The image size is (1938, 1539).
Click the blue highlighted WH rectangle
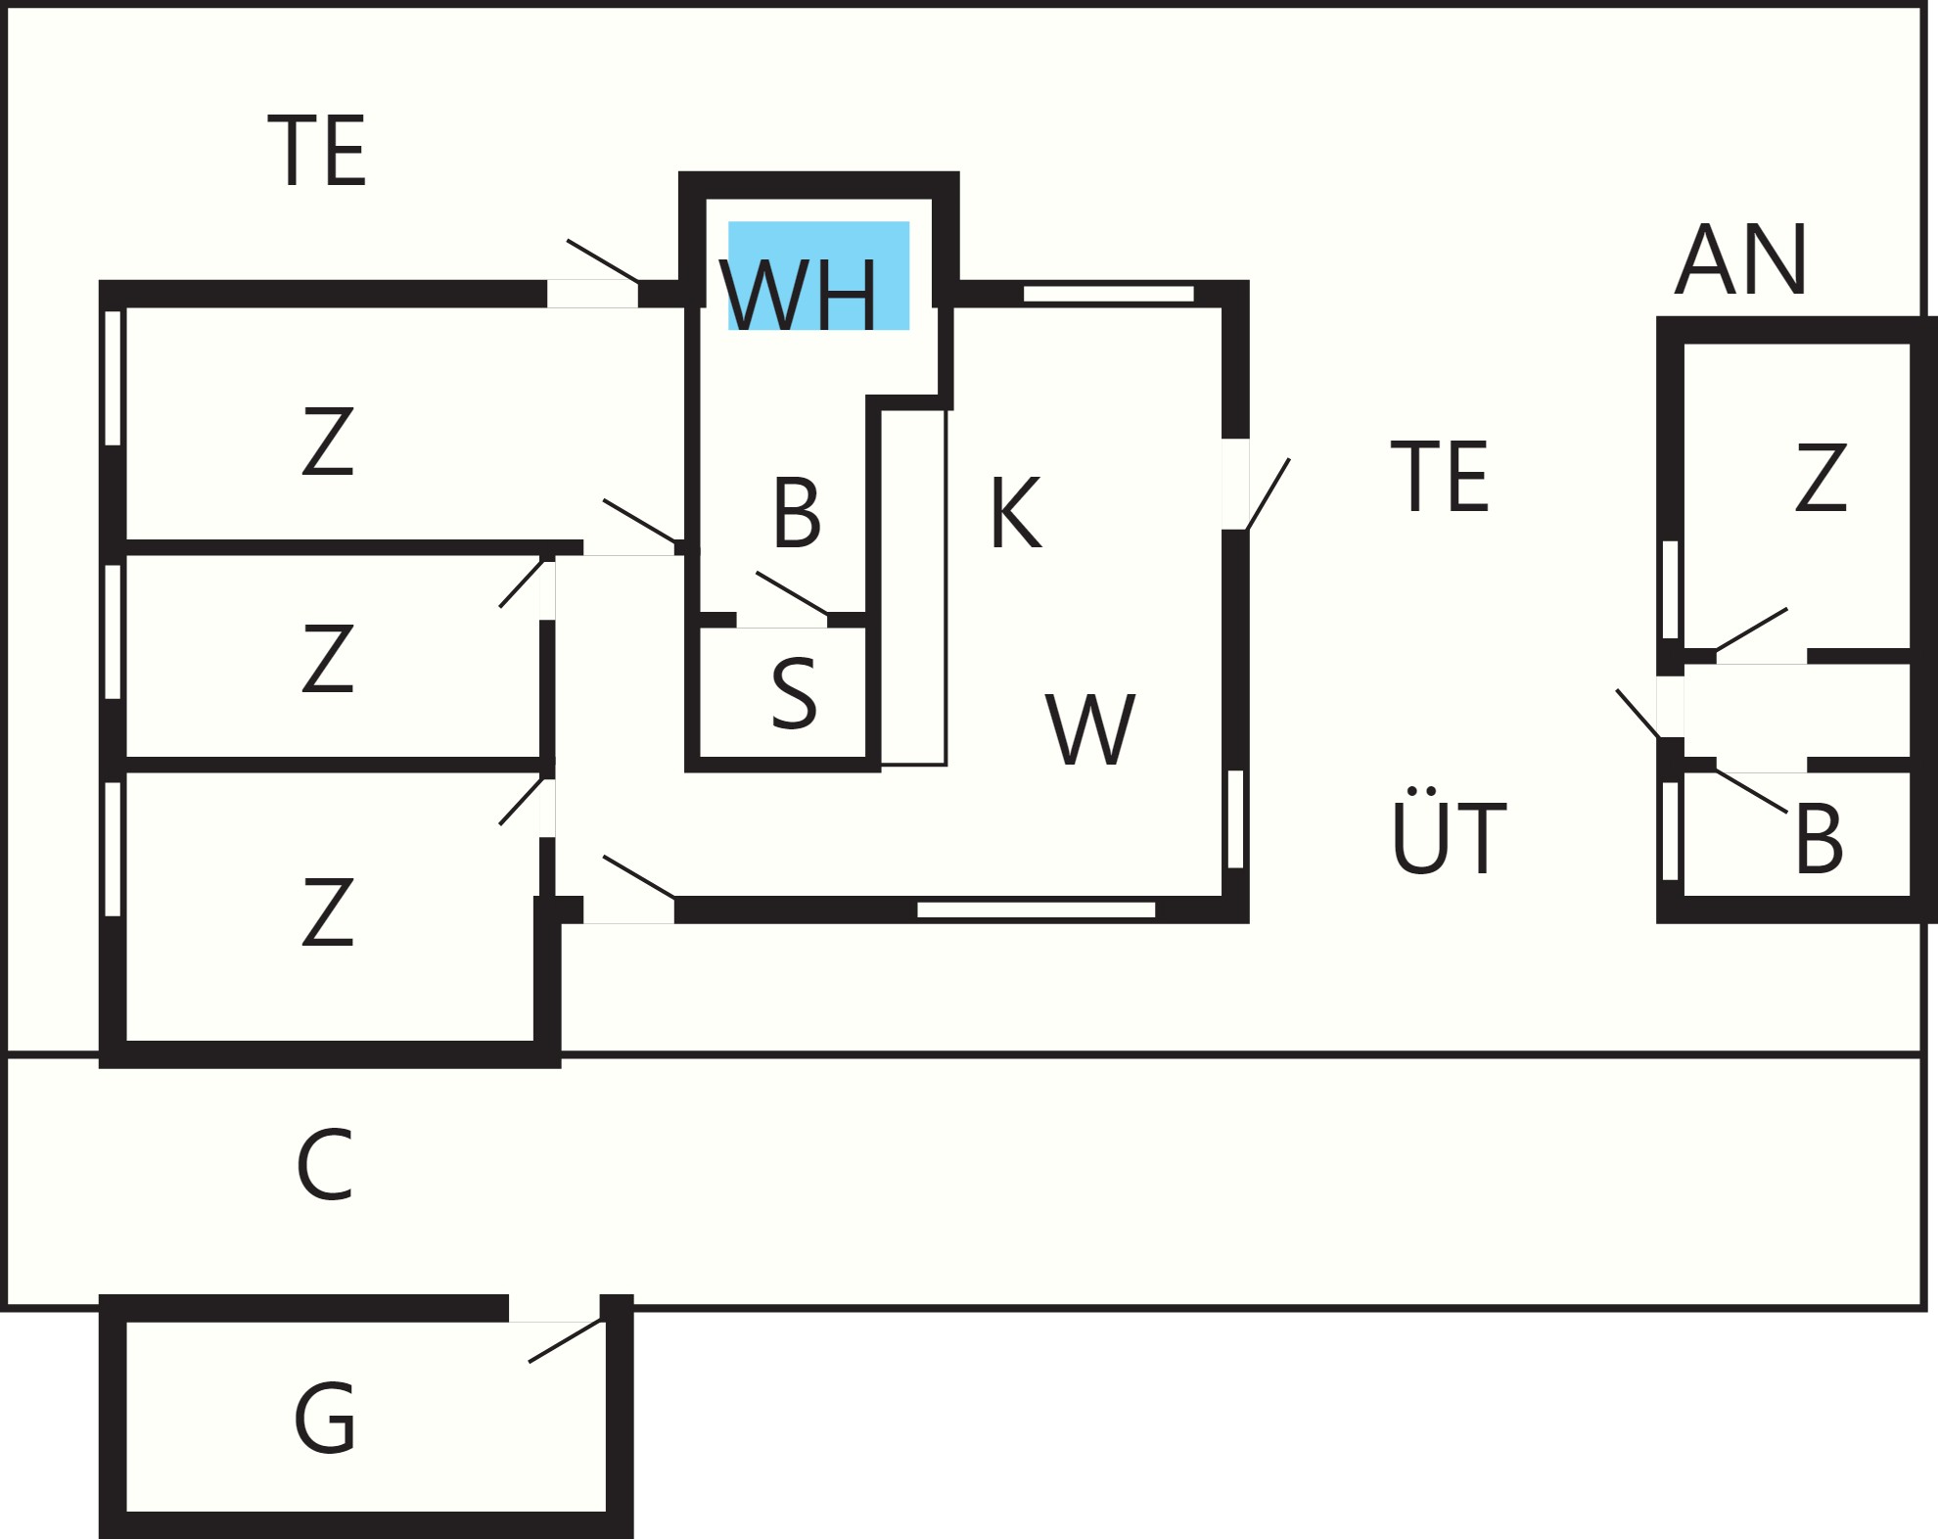tap(818, 275)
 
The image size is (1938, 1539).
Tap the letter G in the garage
tap(325, 1418)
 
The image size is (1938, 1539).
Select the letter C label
tap(324, 1164)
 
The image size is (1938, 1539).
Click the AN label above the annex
tap(1740, 258)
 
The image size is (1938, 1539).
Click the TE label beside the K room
tap(1440, 476)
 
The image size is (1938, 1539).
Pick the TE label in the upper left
tap(316, 150)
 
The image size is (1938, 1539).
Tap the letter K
tap(1015, 512)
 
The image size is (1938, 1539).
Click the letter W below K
tap(1090, 729)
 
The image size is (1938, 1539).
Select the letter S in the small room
tap(794, 693)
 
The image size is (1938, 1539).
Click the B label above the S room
tap(796, 512)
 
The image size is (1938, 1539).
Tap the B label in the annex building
tap(1819, 838)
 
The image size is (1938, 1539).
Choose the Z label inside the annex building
tap(1821, 477)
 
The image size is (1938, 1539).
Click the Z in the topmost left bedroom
tap(327, 442)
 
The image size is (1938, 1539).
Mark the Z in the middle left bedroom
tap(327, 658)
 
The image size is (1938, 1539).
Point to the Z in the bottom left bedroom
tap(327, 911)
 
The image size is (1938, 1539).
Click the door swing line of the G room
tap(566, 1340)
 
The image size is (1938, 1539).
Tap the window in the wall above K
tap(1108, 294)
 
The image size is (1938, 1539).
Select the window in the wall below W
tap(1036, 909)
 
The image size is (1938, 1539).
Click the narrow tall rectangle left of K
tap(913, 587)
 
